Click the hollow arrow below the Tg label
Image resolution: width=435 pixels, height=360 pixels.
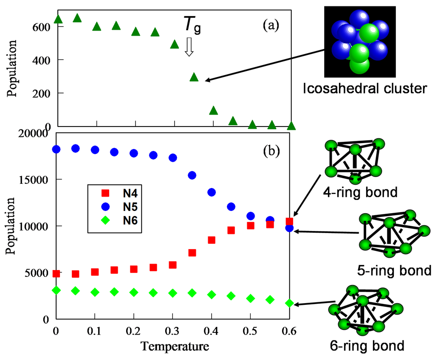tap(189, 47)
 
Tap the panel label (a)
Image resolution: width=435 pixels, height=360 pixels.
tap(271, 26)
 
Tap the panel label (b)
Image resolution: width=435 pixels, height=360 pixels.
tap(270, 151)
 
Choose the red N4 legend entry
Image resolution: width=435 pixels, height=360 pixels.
tap(115, 194)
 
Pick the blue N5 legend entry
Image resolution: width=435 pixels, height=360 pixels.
tap(115, 208)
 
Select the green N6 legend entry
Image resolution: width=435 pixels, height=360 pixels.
tap(115, 221)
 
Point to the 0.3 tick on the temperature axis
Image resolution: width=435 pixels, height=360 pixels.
tap(173, 330)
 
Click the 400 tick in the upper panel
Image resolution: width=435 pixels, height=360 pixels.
tap(42, 60)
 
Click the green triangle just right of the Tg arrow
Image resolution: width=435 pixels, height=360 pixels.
tap(194, 77)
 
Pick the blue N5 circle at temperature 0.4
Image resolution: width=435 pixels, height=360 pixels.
tap(212, 192)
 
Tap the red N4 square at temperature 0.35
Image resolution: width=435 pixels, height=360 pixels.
tap(192, 253)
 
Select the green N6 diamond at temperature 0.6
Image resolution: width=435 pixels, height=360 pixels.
tap(289, 303)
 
